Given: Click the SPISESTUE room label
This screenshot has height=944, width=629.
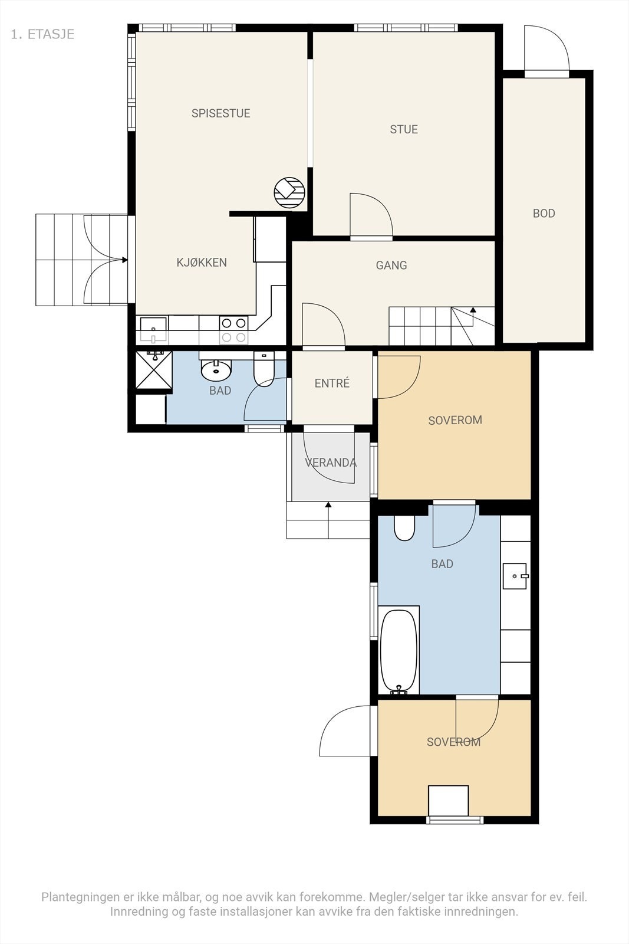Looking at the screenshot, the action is [220, 113].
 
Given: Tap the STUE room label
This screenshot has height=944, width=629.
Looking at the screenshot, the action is [404, 129].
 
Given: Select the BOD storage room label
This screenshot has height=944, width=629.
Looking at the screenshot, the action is [544, 213].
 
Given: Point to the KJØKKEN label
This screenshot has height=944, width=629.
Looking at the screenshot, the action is [202, 263].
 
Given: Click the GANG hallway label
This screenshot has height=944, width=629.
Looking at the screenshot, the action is [391, 265].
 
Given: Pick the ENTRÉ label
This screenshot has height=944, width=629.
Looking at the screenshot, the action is [332, 383].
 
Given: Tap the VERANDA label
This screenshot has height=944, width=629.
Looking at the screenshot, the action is [331, 463].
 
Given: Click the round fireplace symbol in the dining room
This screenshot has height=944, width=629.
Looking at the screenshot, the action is [289, 192].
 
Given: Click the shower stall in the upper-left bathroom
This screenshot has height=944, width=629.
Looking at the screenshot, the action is [154, 370].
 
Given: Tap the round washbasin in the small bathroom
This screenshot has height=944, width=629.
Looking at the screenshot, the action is [216, 369].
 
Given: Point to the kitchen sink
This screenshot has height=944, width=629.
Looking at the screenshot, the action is [153, 329].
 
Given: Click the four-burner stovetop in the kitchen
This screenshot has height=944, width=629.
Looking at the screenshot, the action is [233, 330].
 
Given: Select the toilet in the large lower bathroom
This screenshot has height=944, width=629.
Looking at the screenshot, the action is [404, 528].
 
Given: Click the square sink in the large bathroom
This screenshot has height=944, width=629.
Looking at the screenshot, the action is [515, 576].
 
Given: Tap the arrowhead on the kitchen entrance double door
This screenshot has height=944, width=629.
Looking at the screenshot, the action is [124, 260].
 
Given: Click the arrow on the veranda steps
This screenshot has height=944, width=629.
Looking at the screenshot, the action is [328, 520].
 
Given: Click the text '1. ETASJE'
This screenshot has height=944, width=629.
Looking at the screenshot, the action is [42, 34].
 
